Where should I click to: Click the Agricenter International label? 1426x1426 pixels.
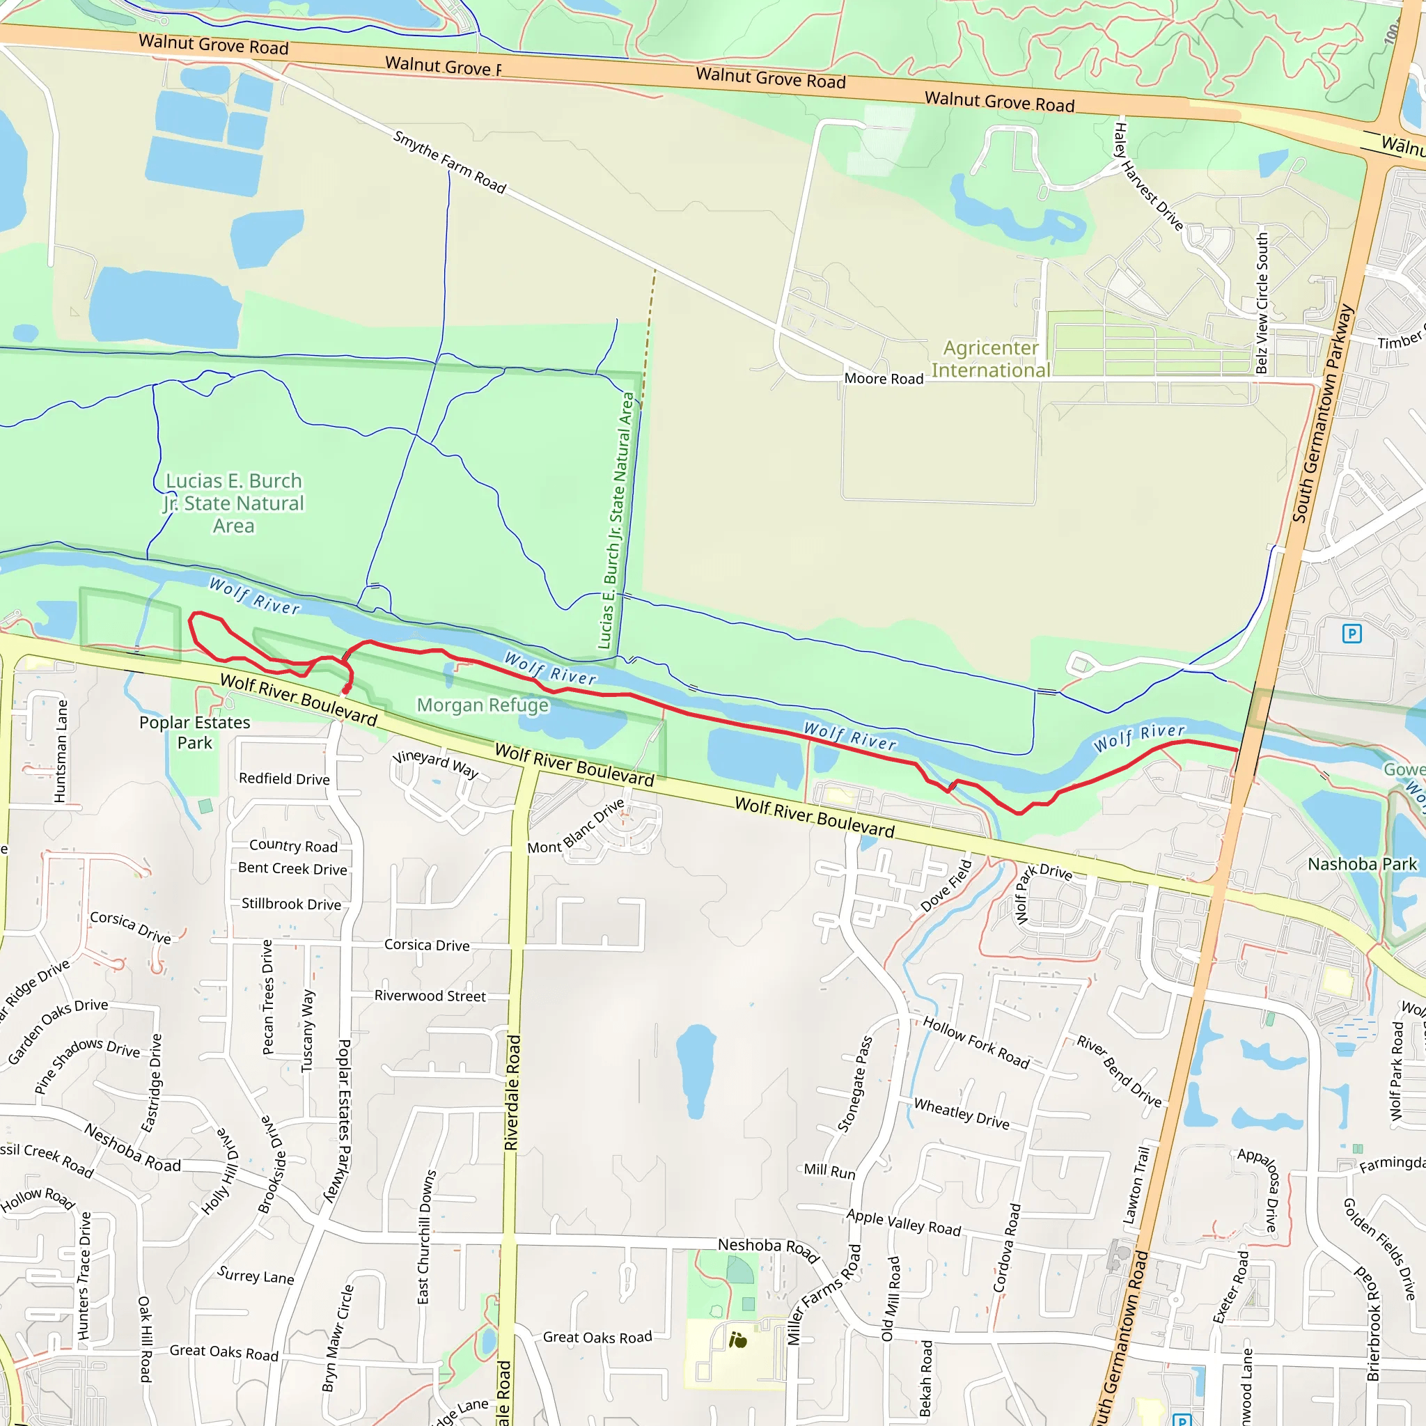coord(991,359)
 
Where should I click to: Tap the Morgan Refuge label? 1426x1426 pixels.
coord(483,705)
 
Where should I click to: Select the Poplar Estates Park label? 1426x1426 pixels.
coord(195,732)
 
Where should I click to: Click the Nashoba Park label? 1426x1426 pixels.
coord(1362,863)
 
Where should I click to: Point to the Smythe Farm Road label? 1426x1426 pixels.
coord(450,162)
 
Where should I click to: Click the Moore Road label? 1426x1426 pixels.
coord(884,379)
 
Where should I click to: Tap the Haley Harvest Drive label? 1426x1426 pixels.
coord(1147,177)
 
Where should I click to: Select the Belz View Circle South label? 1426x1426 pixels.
coord(1262,304)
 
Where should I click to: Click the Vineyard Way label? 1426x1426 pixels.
coord(435,764)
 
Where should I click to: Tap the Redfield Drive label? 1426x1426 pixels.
coord(284,778)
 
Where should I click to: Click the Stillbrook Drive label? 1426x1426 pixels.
coord(292,904)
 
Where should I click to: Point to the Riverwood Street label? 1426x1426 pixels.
coord(430,996)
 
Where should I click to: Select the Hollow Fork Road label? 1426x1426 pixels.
coord(976,1042)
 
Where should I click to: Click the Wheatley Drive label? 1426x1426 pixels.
coord(961,1113)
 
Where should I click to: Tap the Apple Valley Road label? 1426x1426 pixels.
coord(903,1222)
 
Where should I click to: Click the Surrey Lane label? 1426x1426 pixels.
coord(256,1275)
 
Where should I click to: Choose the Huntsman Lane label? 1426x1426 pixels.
coord(61,751)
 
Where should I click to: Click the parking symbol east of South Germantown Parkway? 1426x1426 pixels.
coord(1351,634)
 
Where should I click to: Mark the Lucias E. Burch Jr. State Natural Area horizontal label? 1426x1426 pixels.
coord(234,503)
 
